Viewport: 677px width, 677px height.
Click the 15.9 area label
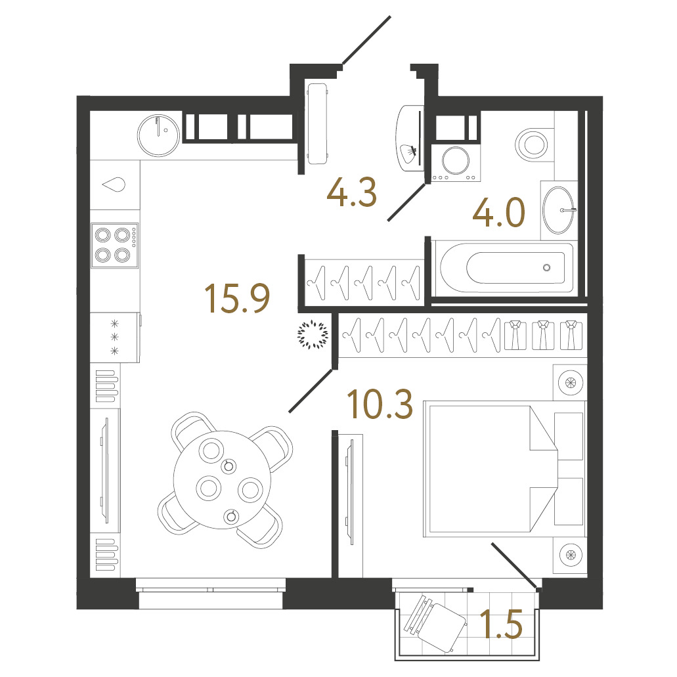click(x=238, y=298)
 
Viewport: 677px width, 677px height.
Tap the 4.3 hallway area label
click(x=352, y=192)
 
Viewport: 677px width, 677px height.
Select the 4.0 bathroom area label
click(x=498, y=212)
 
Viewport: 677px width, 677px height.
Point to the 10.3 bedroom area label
click(x=380, y=404)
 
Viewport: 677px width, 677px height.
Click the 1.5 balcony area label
click(x=501, y=624)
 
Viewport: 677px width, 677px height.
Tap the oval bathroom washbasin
click(x=558, y=210)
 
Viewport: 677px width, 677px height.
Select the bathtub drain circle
click(x=546, y=268)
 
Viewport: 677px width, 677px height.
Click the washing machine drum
click(x=455, y=161)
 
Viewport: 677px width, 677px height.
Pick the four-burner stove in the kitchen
click(x=114, y=245)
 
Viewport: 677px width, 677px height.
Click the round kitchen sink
click(x=158, y=135)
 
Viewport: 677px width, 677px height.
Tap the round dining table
click(x=222, y=480)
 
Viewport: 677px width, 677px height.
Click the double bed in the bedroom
click(x=490, y=469)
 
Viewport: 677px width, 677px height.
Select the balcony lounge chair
click(x=435, y=623)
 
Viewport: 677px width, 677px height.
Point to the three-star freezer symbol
click(x=114, y=338)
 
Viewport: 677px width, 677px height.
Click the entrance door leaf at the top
click(x=366, y=40)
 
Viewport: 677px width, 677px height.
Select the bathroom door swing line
click(x=406, y=202)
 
